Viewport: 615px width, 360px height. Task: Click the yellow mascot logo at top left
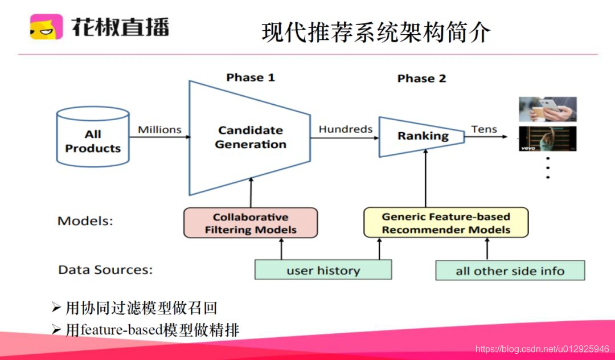(46, 27)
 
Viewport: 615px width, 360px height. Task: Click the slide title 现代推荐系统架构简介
(376, 32)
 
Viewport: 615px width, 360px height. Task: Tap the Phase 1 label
(251, 77)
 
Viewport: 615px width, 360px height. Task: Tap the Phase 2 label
(421, 79)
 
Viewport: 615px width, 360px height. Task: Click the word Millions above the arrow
(159, 129)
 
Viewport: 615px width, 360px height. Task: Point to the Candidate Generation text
(251, 137)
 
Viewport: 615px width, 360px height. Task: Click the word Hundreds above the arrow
(346, 129)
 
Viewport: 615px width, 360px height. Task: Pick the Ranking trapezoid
(422, 136)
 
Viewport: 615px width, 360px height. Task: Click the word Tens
(484, 129)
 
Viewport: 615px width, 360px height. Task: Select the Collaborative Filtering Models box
(251, 223)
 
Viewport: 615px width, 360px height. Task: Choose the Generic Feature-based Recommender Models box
(446, 223)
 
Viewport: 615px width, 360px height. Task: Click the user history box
(323, 270)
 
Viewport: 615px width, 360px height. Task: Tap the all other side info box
(510, 271)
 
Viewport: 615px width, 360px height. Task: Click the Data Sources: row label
(105, 269)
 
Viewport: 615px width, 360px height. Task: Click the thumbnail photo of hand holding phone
(547, 109)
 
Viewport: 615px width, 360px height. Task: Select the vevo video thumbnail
(547, 138)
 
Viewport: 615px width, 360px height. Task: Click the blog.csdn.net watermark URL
(542, 349)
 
